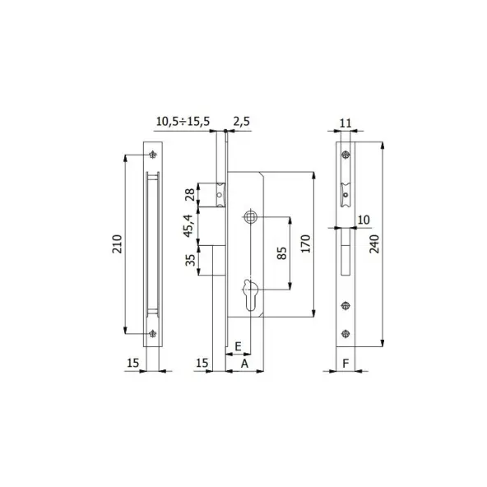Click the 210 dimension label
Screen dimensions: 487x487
point(117,244)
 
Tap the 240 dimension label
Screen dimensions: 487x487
point(374,244)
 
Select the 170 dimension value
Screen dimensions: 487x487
point(306,243)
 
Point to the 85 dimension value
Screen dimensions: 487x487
point(281,253)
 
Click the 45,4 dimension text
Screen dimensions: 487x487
point(188,225)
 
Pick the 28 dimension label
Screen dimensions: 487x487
point(190,195)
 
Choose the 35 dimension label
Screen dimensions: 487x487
point(190,260)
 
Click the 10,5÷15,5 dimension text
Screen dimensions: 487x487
point(183,121)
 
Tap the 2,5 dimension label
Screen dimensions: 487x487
point(241,121)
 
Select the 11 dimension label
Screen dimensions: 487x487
point(346,123)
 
